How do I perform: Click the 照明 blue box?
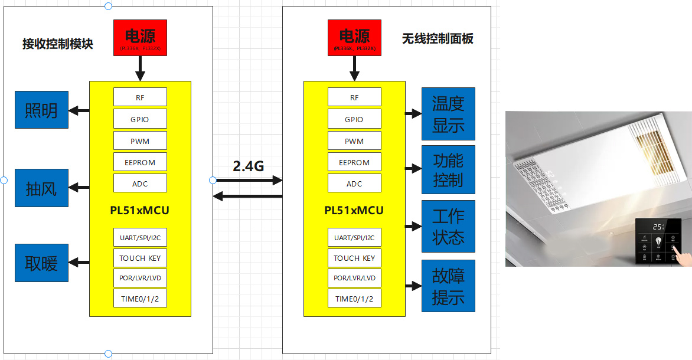[41, 110]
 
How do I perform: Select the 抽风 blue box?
[41, 188]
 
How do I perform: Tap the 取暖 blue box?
[41, 263]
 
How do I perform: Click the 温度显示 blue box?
[448, 114]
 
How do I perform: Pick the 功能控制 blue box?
[448, 170]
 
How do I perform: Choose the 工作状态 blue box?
[448, 226]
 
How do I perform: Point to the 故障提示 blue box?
[448, 286]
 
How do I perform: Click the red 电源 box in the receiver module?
[140, 38]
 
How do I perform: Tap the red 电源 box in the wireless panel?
[354, 38]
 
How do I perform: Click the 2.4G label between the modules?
[248, 166]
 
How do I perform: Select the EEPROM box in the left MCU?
[140, 162]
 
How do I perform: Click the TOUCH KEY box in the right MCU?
[354, 258]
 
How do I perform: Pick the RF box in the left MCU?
[140, 97]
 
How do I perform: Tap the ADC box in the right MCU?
[354, 184]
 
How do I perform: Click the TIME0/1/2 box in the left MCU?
[140, 298]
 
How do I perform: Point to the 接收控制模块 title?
[58, 44]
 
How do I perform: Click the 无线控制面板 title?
[438, 39]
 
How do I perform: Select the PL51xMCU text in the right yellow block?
[354, 211]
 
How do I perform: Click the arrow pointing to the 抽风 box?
[79, 188]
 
